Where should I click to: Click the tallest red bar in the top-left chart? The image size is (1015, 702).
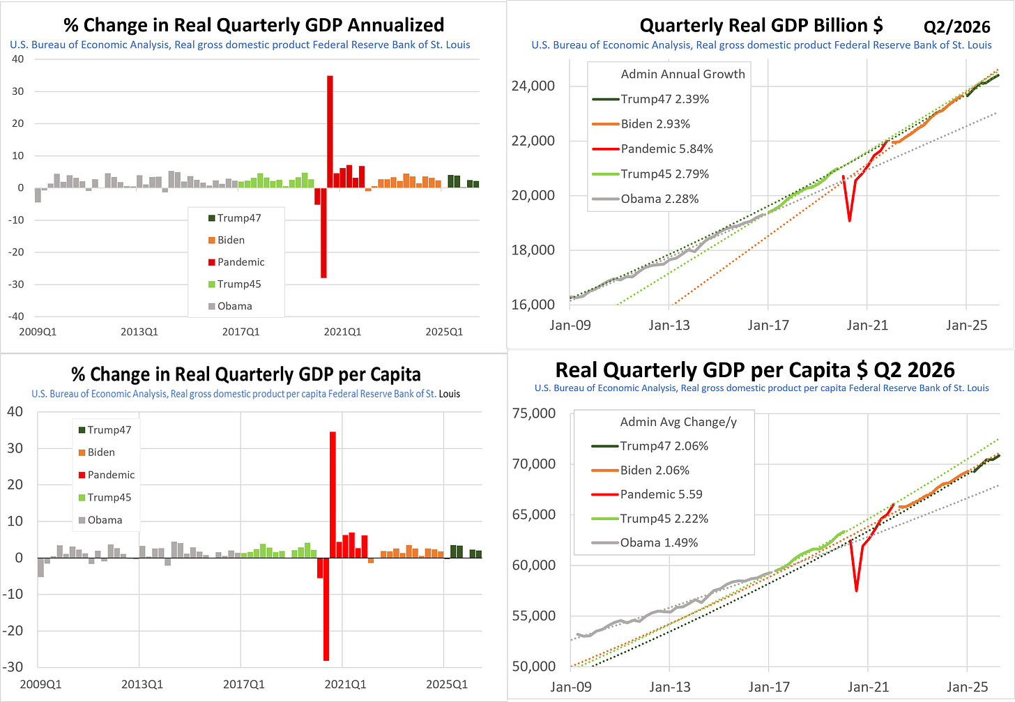(x=330, y=132)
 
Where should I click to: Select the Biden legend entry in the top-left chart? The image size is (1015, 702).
(x=227, y=241)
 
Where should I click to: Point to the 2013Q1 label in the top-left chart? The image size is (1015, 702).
(x=139, y=332)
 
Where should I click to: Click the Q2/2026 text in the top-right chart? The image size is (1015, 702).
(x=956, y=27)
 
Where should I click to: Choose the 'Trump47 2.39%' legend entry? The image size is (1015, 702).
(x=650, y=99)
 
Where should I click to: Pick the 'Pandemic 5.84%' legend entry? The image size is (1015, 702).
(x=652, y=149)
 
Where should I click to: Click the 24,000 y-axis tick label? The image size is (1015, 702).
(x=533, y=86)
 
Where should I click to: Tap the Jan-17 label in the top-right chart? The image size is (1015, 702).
(x=768, y=325)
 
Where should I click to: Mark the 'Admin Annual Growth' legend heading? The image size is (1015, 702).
(x=682, y=75)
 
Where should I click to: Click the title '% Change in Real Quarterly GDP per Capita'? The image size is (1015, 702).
(x=246, y=374)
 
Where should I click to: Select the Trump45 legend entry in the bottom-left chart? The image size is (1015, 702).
(x=105, y=498)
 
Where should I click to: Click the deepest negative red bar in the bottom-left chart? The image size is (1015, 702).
(x=326, y=609)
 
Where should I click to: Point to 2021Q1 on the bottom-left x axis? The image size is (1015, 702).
(x=345, y=684)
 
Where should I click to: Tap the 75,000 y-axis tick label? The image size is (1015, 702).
(x=534, y=413)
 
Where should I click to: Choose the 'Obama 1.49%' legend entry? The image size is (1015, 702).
(x=644, y=543)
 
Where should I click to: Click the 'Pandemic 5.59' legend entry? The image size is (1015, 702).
(x=647, y=494)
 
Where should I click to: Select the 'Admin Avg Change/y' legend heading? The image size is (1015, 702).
(x=678, y=422)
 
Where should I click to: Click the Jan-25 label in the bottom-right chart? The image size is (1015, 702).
(x=967, y=687)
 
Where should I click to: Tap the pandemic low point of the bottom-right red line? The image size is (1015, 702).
(x=856, y=590)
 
